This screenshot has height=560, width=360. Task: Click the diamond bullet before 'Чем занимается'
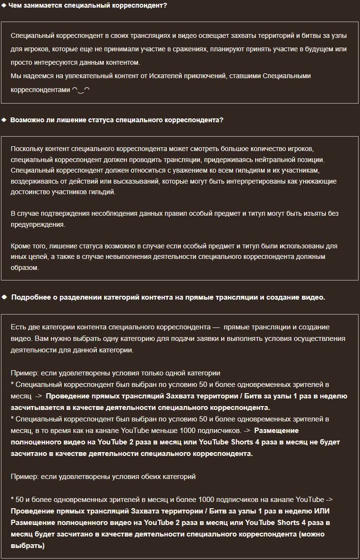click(x=4, y=6)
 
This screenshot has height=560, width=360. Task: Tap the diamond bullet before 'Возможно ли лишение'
click(x=4, y=120)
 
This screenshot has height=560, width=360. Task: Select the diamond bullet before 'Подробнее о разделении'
click(x=4, y=297)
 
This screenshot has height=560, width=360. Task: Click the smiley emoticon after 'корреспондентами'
click(x=81, y=89)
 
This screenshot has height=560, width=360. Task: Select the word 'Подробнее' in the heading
click(x=30, y=297)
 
